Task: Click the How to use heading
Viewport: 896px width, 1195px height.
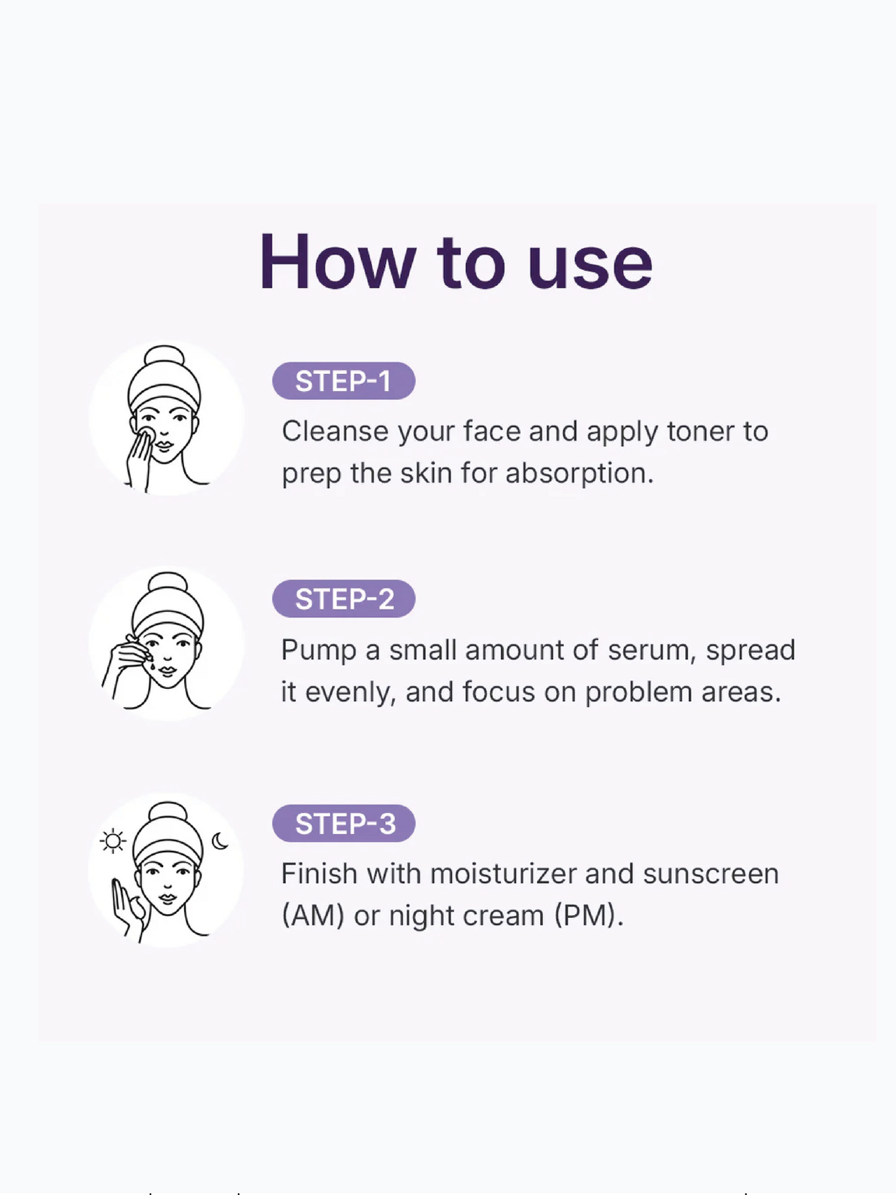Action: coord(456,262)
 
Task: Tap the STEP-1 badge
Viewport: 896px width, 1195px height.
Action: coord(344,381)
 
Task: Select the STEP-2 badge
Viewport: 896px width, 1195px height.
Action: coord(344,599)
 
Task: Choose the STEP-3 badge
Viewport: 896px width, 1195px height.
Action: coord(344,824)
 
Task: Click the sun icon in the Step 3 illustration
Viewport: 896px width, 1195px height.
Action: coord(113,841)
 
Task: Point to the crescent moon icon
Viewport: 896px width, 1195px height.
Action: coord(220,841)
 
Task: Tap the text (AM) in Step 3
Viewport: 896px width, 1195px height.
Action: coord(313,916)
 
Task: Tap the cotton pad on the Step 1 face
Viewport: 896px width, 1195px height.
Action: coord(146,435)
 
